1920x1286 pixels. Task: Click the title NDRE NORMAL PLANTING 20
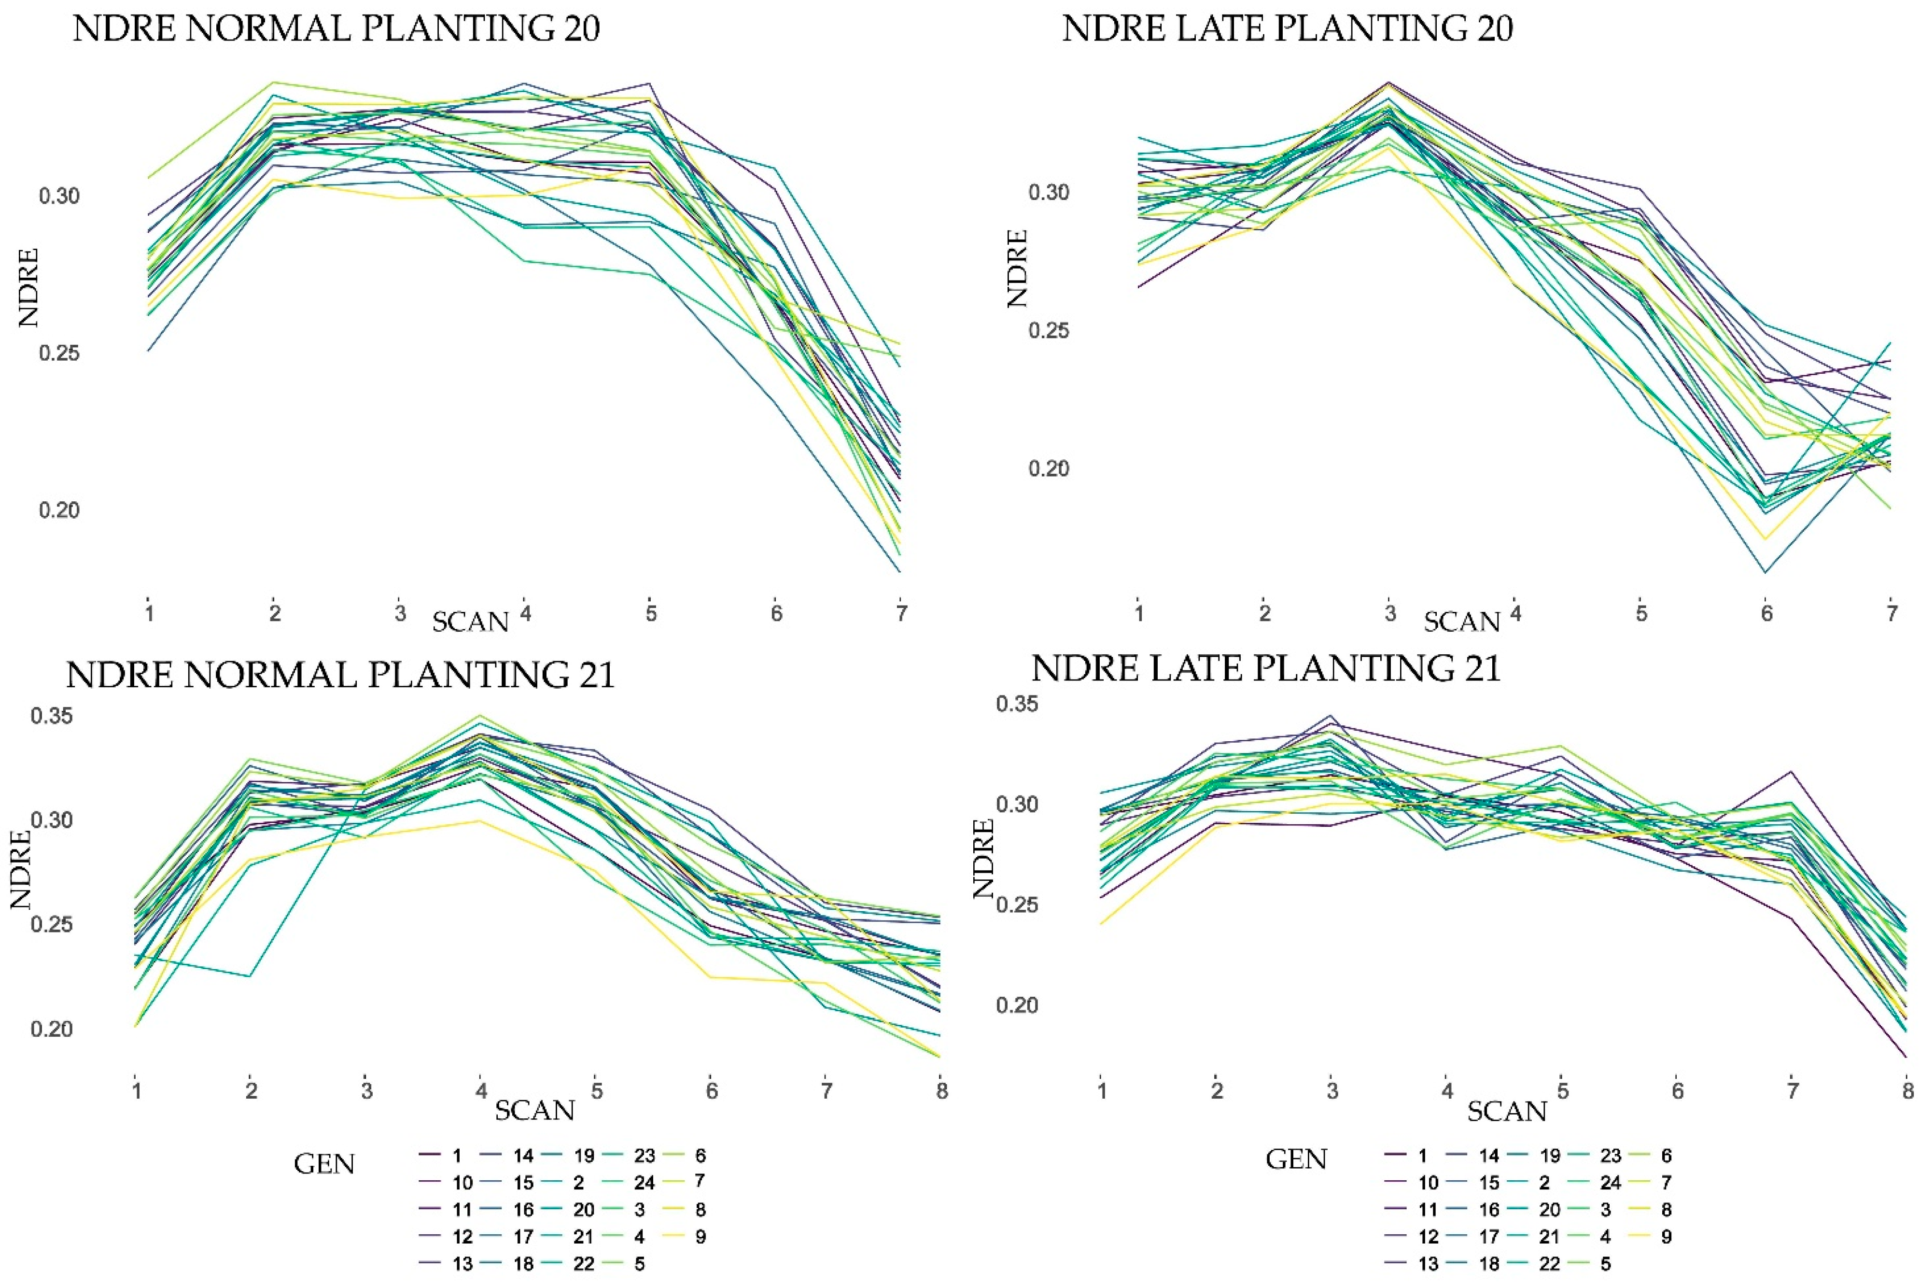tap(336, 28)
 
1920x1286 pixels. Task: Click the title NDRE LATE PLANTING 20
tap(1287, 28)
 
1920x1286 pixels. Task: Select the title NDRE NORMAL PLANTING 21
tap(340, 675)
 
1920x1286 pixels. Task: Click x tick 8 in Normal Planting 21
tap(942, 1091)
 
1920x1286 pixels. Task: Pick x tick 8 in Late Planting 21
tap(1908, 1091)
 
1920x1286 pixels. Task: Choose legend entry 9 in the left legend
tap(700, 1237)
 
